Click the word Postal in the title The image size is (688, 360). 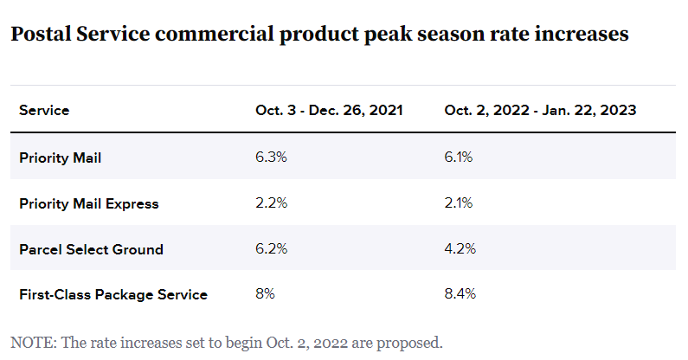(x=40, y=35)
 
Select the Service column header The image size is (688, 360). (x=44, y=111)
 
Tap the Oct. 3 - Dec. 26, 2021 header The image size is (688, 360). (x=329, y=111)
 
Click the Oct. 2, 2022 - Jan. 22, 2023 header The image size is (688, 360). (x=541, y=111)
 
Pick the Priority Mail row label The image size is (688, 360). (x=61, y=157)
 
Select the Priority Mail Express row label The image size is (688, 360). (x=89, y=203)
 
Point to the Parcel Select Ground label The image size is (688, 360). (x=91, y=249)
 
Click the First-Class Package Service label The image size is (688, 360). (x=113, y=294)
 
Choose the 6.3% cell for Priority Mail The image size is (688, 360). (x=268, y=157)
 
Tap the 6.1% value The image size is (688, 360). (x=459, y=157)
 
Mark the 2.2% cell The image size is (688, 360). (x=268, y=203)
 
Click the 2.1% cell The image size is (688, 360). (x=459, y=203)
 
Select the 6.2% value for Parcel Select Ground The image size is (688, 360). (x=268, y=249)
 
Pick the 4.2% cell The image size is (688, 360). (x=459, y=249)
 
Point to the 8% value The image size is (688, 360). (x=265, y=294)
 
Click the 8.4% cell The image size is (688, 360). (x=460, y=294)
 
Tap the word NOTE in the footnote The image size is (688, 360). (x=29, y=342)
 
